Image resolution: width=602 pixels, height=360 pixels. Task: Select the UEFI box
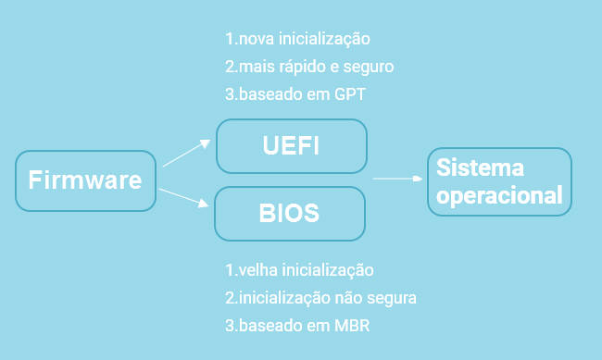[x=292, y=146]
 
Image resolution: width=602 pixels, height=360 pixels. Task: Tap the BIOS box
[x=290, y=213]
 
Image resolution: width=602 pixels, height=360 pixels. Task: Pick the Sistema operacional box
[x=499, y=182]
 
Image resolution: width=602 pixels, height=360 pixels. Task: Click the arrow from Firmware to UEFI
[x=187, y=153]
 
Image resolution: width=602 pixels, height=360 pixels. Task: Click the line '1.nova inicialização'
[x=297, y=40]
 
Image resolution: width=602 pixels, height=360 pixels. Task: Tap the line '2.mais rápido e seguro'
[x=309, y=67]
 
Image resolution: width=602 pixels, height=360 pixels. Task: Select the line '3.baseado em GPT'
[x=294, y=93]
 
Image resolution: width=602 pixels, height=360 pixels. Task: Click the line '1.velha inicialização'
[x=299, y=271]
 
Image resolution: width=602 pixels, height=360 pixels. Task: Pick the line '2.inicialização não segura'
[x=321, y=298]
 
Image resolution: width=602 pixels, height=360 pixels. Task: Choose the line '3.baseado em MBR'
[x=297, y=326]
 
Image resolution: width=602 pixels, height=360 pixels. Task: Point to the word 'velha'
[x=255, y=271]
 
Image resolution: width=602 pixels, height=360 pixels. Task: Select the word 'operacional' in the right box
[x=499, y=196]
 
